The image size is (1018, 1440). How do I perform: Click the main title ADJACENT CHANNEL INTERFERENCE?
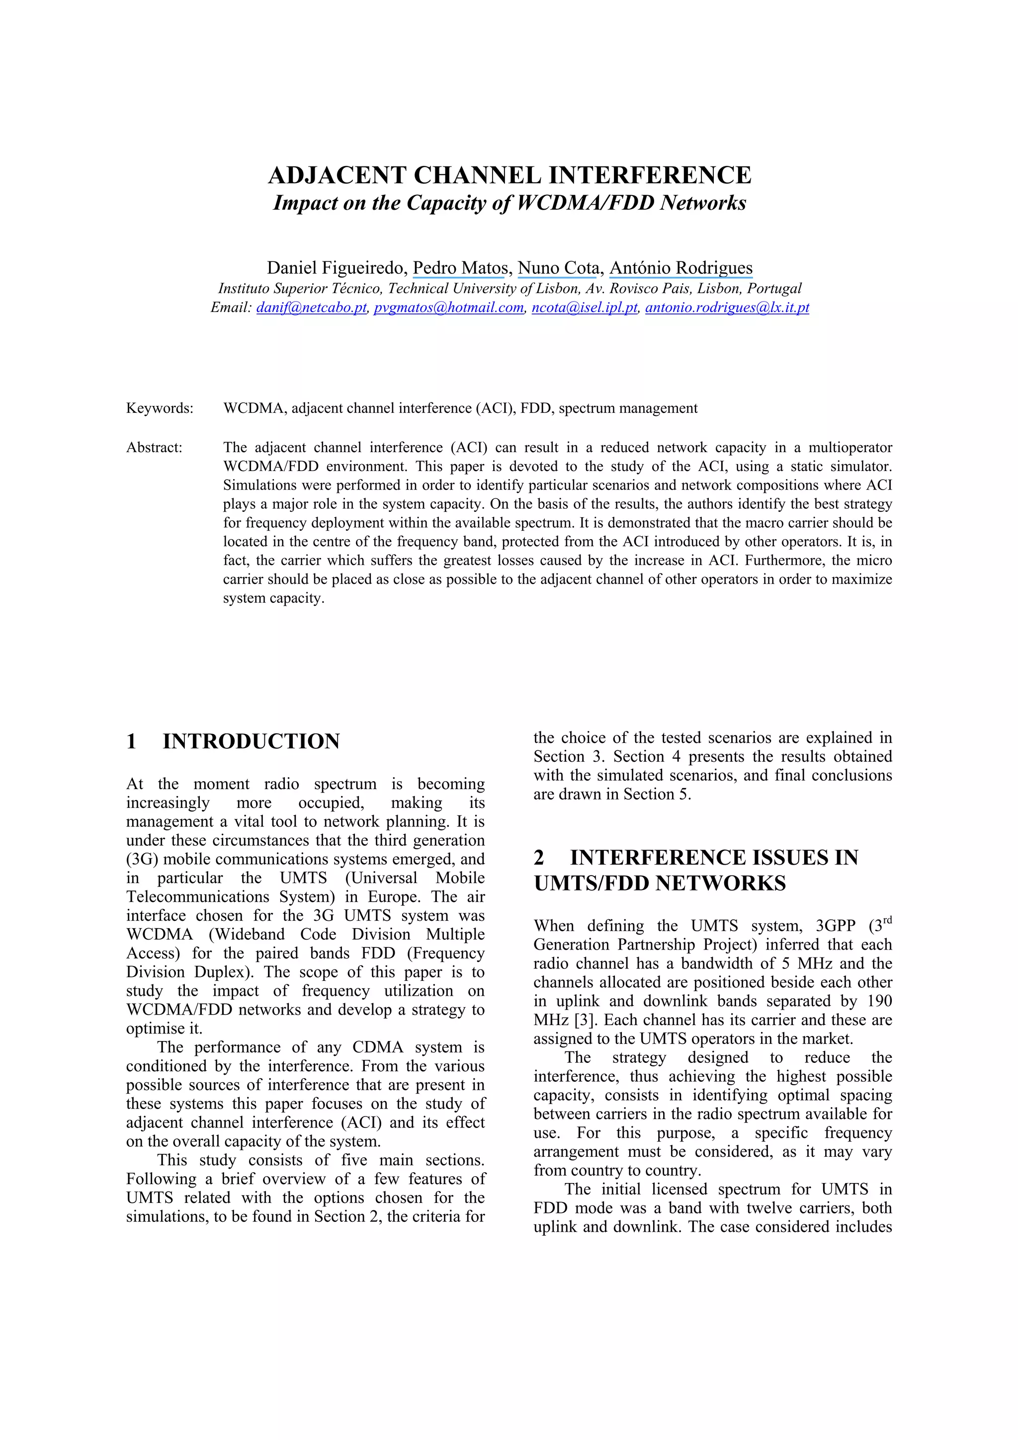pyautogui.click(x=509, y=175)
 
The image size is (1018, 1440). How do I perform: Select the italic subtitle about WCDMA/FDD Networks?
pyautogui.click(x=509, y=203)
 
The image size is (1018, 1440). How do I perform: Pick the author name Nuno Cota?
pyautogui.click(x=558, y=268)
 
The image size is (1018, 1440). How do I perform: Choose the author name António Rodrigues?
pyautogui.click(x=680, y=268)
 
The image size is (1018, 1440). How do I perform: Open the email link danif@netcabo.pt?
pyautogui.click(x=311, y=307)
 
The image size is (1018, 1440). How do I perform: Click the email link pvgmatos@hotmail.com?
pyautogui.click(x=448, y=307)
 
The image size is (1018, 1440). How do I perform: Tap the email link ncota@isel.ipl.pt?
pyautogui.click(x=585, y=307)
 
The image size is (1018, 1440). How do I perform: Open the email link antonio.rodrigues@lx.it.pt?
pyautogui.click(x=727, y=307)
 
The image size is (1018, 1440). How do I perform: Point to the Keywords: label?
pyautogui.click(x=160, y=408)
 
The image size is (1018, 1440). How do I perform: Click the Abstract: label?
pyautogui.click(x=154, y=448)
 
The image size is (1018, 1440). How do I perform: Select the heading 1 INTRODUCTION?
pyautogui.click(x=233, y=741)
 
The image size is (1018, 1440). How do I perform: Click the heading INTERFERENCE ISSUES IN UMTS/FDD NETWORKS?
pyautogui.click(x=696, y=871)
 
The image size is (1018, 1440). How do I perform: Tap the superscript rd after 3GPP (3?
pyautogui.click(x=886, y=921)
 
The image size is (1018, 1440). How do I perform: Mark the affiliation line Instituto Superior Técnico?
pyautogui.click(x=509, y=289)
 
